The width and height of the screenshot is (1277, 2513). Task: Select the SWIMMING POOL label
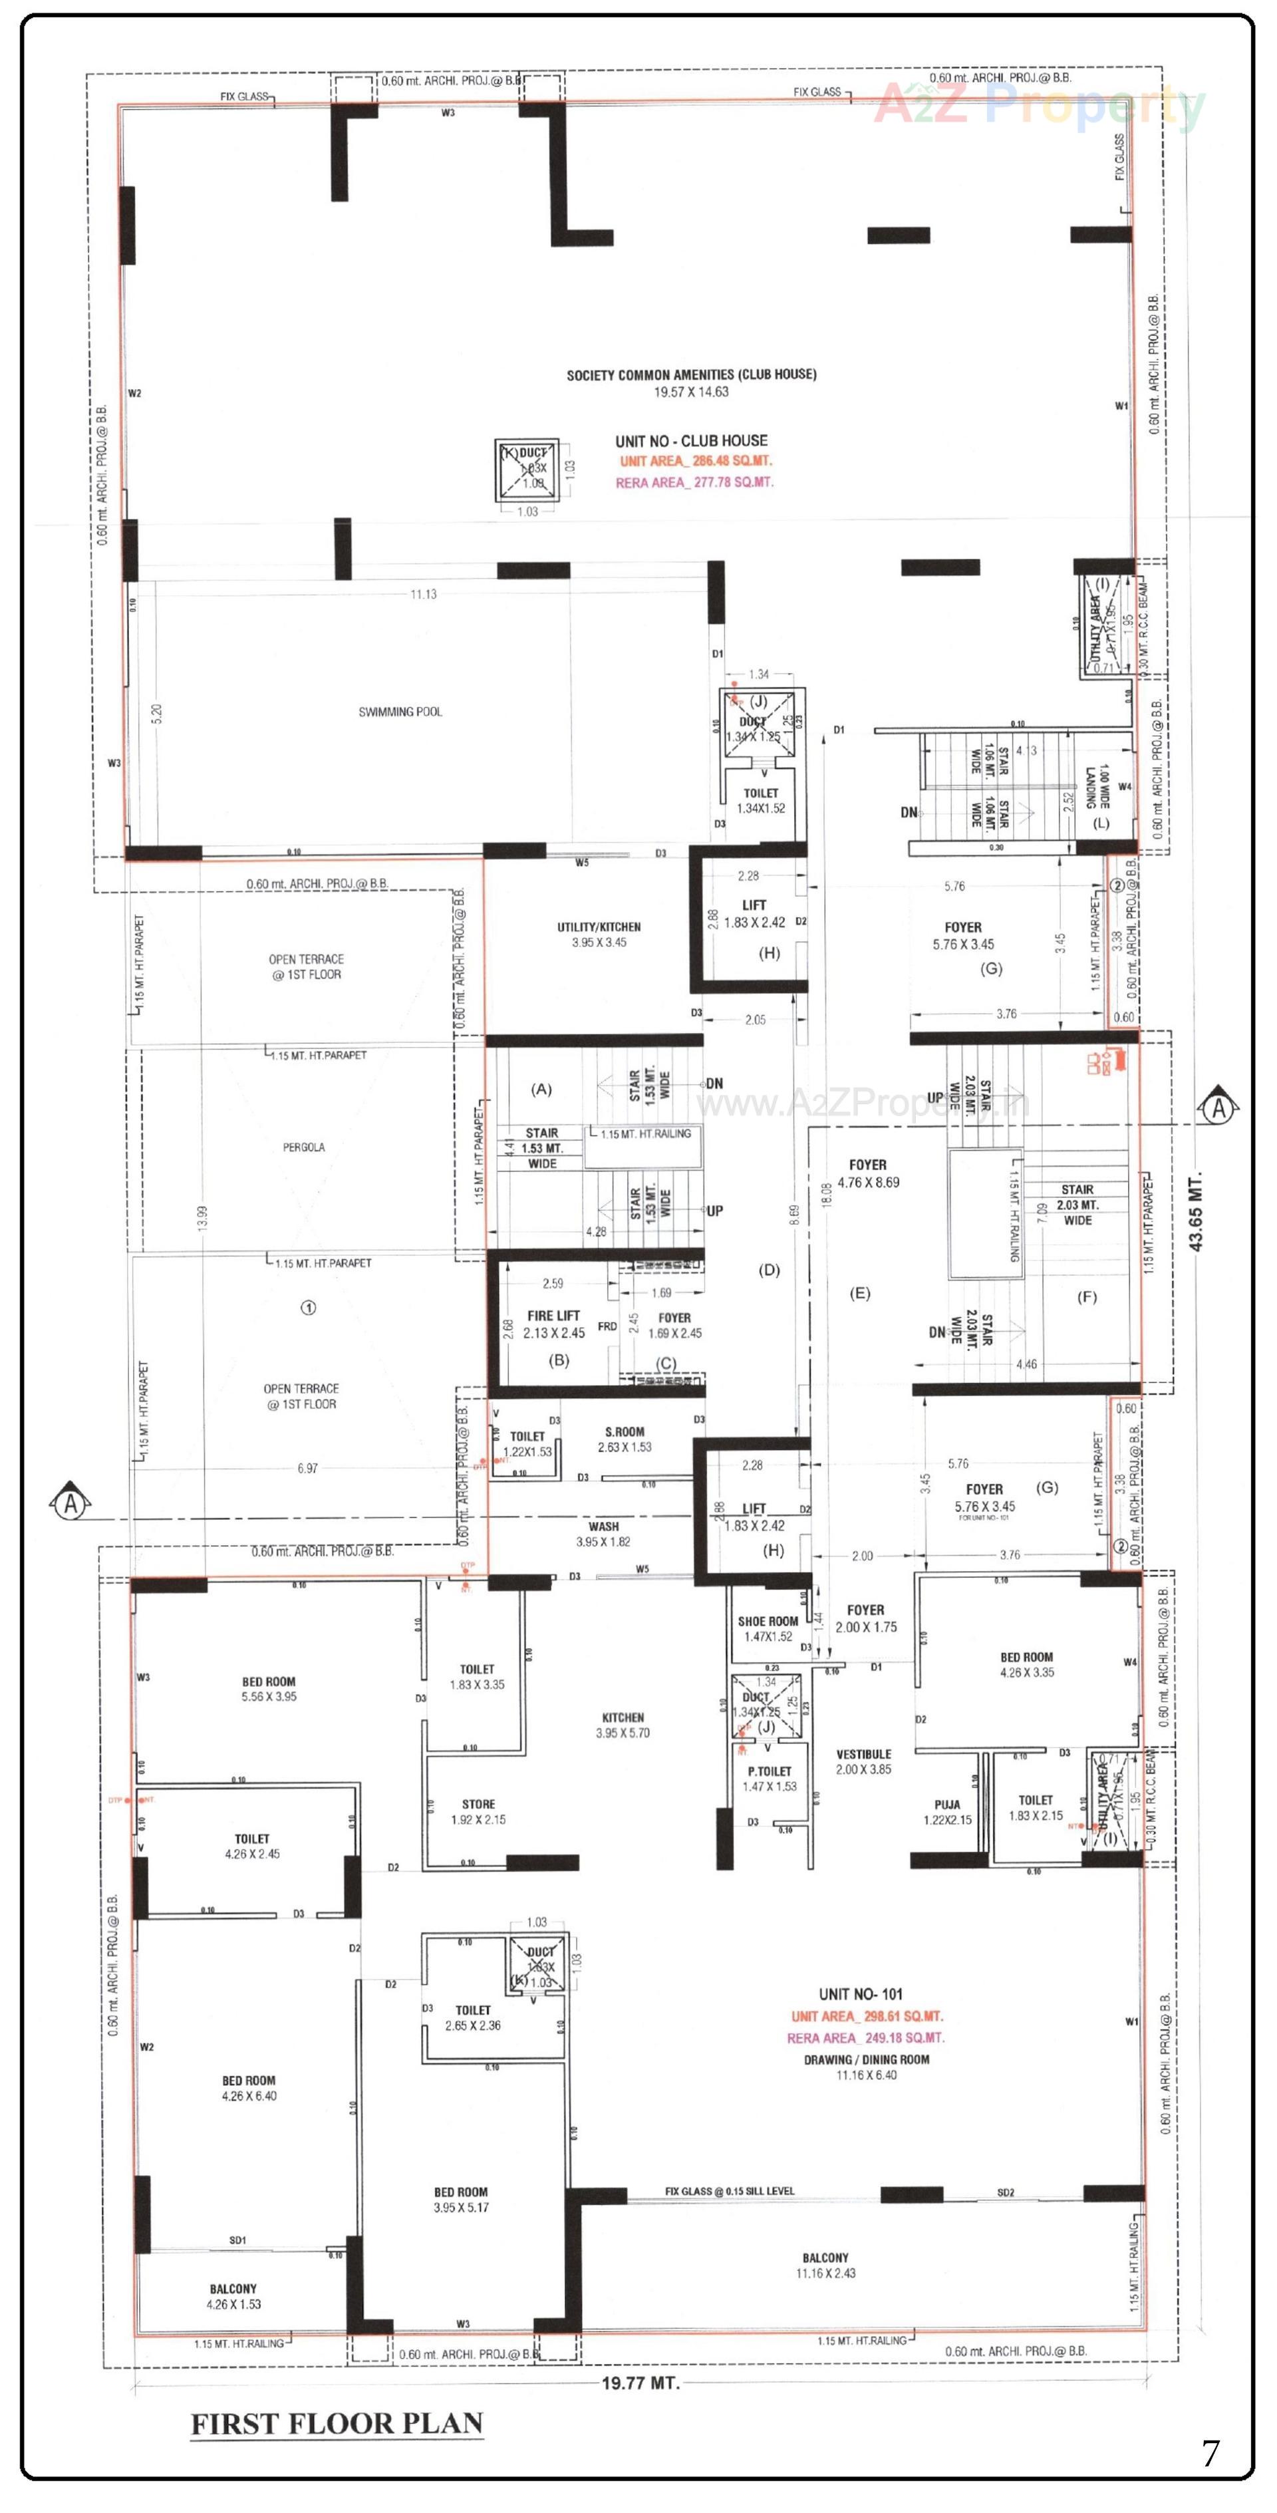(x=400, y=712)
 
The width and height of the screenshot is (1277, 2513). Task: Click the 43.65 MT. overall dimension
(x=1197, y=1211)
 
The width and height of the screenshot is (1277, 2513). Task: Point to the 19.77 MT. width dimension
(x=640, y=2383)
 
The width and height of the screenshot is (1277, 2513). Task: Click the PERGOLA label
(x=303, y=1147)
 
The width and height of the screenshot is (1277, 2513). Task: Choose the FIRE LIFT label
(x=553, y=1316)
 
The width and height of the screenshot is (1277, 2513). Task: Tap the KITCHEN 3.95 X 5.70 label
(x=623, y=1725)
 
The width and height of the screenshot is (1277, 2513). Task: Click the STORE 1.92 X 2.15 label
(x=478, y=1812)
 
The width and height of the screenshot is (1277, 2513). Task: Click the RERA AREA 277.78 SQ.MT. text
(x=694, y=483)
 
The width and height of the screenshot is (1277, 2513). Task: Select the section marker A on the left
(x=71, y=1503)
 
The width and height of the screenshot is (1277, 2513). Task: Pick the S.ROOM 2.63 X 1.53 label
(x=625, y=1439)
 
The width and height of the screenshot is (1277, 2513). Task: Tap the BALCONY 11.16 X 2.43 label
(x=825, y=2265)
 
